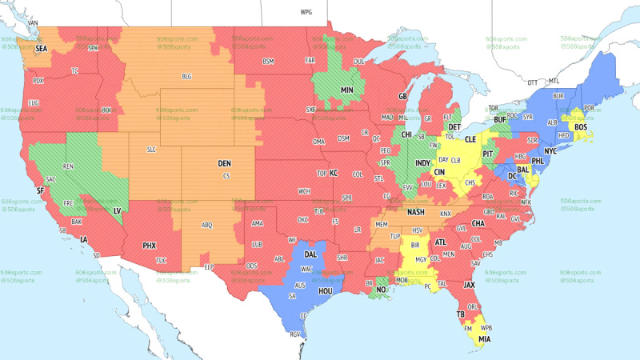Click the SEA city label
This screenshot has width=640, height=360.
click(x=41, y=48)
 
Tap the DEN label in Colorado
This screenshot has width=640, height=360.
click(x=225, y=163)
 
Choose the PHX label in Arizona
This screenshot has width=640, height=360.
click(x=149, y=245)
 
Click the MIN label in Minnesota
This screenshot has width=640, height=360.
click(x=347, y=90)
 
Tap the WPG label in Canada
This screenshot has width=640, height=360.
click(x=306, y=13)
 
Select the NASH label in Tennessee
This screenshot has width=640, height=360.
click(x=415, y=212)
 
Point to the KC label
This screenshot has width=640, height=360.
click(x=334, y=173)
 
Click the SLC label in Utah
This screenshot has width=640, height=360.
click(x=150, y=150)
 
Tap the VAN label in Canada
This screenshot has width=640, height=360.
click(x=33, y=22)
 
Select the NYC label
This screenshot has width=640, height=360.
click(x=550, y=150)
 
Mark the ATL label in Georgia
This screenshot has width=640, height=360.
click(x=440, y=242)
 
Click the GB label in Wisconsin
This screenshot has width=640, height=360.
click(x=403, y=97)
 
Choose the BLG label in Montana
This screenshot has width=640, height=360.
click(x=187, y=77)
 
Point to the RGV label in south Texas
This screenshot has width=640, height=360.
click(x=296, y=334)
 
